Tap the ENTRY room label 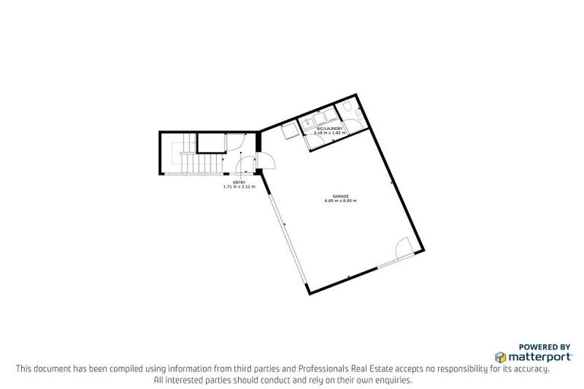point(240,182)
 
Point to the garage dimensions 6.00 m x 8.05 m point(341,201)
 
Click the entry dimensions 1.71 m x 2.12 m point(240,187)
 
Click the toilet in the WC point(348,112)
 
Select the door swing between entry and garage point(266,160)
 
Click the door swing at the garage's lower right point(405,248)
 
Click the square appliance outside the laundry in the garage point(290,131)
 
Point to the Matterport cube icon point(500,356)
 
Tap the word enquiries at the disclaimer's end point(393,379)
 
